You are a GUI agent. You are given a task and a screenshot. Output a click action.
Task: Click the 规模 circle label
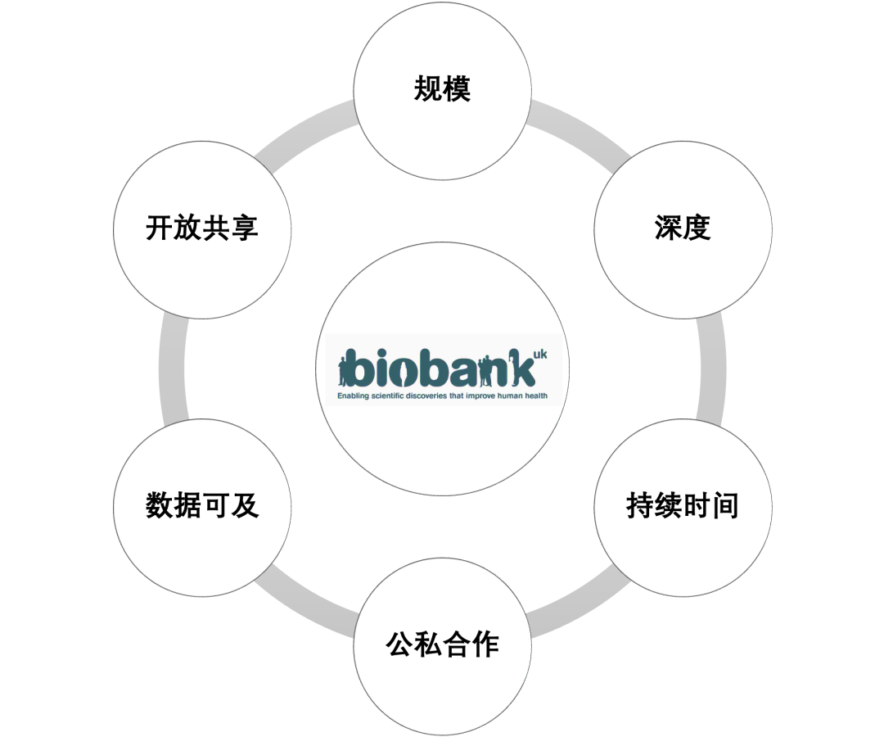pyautogui.click(x=442, y=88)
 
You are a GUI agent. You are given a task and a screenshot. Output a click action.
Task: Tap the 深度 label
pyautogui.click(x=682, y=228)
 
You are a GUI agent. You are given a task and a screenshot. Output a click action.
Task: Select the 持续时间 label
pyautogui.click(x=682, y=505)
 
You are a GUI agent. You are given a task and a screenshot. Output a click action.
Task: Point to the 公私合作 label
pyautogui.click(x=442, y=644)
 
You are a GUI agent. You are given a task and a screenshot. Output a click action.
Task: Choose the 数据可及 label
pyautogui.click(x=202, y=505)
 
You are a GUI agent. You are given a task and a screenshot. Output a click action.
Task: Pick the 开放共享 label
pyautogui.click(x=202, y=228)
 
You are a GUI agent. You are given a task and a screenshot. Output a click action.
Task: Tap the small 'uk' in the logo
pyautogui.click(x=539, y=354)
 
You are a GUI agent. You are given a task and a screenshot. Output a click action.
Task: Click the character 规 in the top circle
pyautogui.click(x=427, y=88)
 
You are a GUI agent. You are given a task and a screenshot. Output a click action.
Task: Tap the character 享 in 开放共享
pyautogui.click(x=245, y=228)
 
